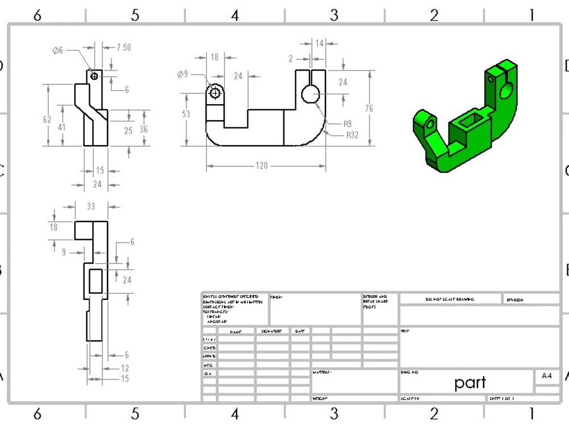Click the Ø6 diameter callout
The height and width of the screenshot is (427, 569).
(x=57, y=51)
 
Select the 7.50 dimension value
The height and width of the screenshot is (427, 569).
(x=123, y=47)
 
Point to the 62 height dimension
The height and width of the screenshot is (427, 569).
(x=47, y=120)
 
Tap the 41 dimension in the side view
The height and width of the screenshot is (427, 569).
(x=61, y=127)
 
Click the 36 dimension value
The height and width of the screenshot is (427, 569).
(x=143, y=130)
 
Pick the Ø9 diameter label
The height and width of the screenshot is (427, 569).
(x=182, y=74)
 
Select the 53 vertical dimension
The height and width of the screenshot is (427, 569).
(x=186, y=114)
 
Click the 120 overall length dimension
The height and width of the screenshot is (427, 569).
(x=261, y=166)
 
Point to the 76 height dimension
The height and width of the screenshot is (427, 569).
(x=369, y=109)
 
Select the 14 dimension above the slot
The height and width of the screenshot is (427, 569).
(x=319, y=43)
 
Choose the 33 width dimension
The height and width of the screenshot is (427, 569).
(x=90, y=206)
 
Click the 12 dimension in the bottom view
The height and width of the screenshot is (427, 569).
(x=125, y=368)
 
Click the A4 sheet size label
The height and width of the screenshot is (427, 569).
(x=547, y=376)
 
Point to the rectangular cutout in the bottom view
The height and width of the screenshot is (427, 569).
(x=96, y=280)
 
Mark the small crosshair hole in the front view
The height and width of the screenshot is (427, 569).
(x=215, y=93)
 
